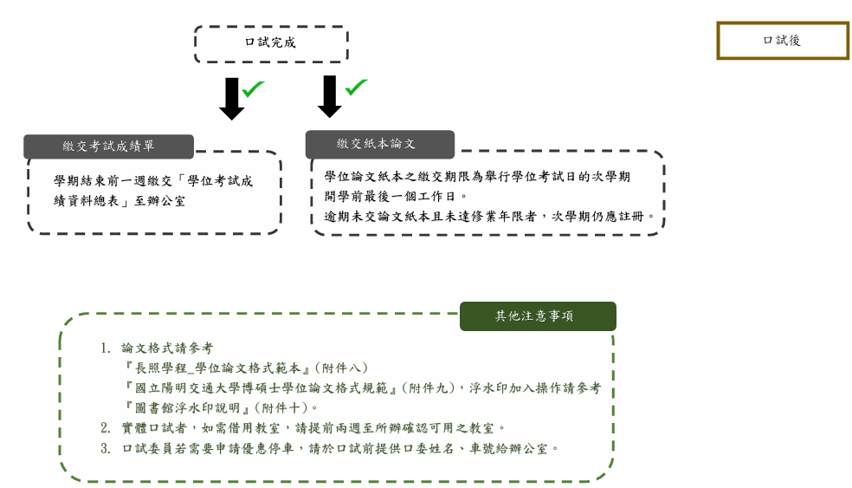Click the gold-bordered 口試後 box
[782, 41]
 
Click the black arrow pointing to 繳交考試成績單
[231, 98]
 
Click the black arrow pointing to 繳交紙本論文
[329, 96]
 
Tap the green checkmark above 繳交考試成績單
[253, 88]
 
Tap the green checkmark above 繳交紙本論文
[355, 87]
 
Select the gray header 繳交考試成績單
[108, 146]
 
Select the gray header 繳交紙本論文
[378, 144]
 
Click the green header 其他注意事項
[537, 316]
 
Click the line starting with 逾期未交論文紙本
[485, 217]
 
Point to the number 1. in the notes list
[106, 348]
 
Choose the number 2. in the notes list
[106, 427]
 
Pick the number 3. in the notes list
[106, 448]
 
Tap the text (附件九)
[430, 387]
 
